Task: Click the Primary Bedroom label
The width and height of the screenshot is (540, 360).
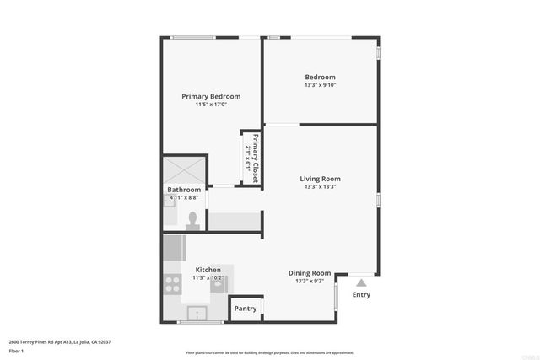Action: pyautogui.click(x=211, y=96)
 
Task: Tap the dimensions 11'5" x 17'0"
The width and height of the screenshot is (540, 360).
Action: pyautogui.click(x=211, y=105)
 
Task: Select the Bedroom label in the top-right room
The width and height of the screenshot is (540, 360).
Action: pyautogui.click(x=320, y=77)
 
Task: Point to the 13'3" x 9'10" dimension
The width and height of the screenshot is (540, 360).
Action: pyautogui.click(x=320, y=84)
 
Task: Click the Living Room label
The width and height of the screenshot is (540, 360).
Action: pyautogui.click(x=320, y=179)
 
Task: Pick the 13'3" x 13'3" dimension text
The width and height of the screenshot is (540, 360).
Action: pyautogui.click(x=320, y=187)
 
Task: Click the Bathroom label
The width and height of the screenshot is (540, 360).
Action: pyautogui.click(x=183, y=190)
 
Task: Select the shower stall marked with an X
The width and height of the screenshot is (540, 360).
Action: pyautogui.click(x=184, y=168)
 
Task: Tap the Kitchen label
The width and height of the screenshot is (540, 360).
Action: pyautogui.click(x=208, y=270)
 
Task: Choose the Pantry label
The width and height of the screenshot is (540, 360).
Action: pyautogui.click(x=245, y=309)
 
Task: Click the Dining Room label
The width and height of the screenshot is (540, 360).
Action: pyautogui.click(x=310, y=272)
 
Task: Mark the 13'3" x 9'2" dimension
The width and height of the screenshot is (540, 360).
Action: pyautogui.click(x=310, y=281)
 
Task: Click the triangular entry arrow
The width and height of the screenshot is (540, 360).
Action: pyautogui.click(x=361, y=282)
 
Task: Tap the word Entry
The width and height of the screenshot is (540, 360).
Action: pyautogui.click(x=361, y=295)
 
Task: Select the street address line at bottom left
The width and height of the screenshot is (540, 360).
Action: pyautogui.click(x=60, y=341)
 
